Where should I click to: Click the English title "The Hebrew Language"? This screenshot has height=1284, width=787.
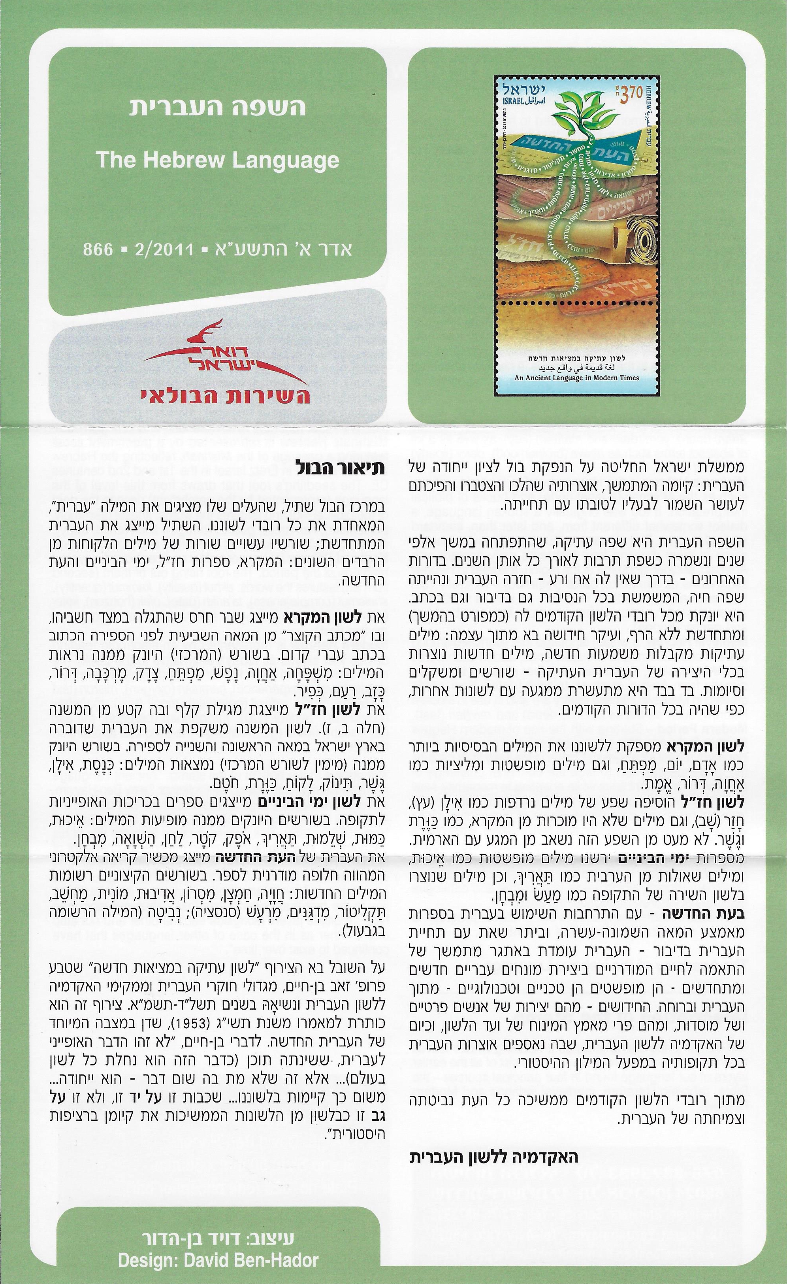click(218, 160)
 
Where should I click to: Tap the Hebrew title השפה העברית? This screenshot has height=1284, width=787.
click(218, 107)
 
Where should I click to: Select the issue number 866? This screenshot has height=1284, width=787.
click(98, 249)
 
